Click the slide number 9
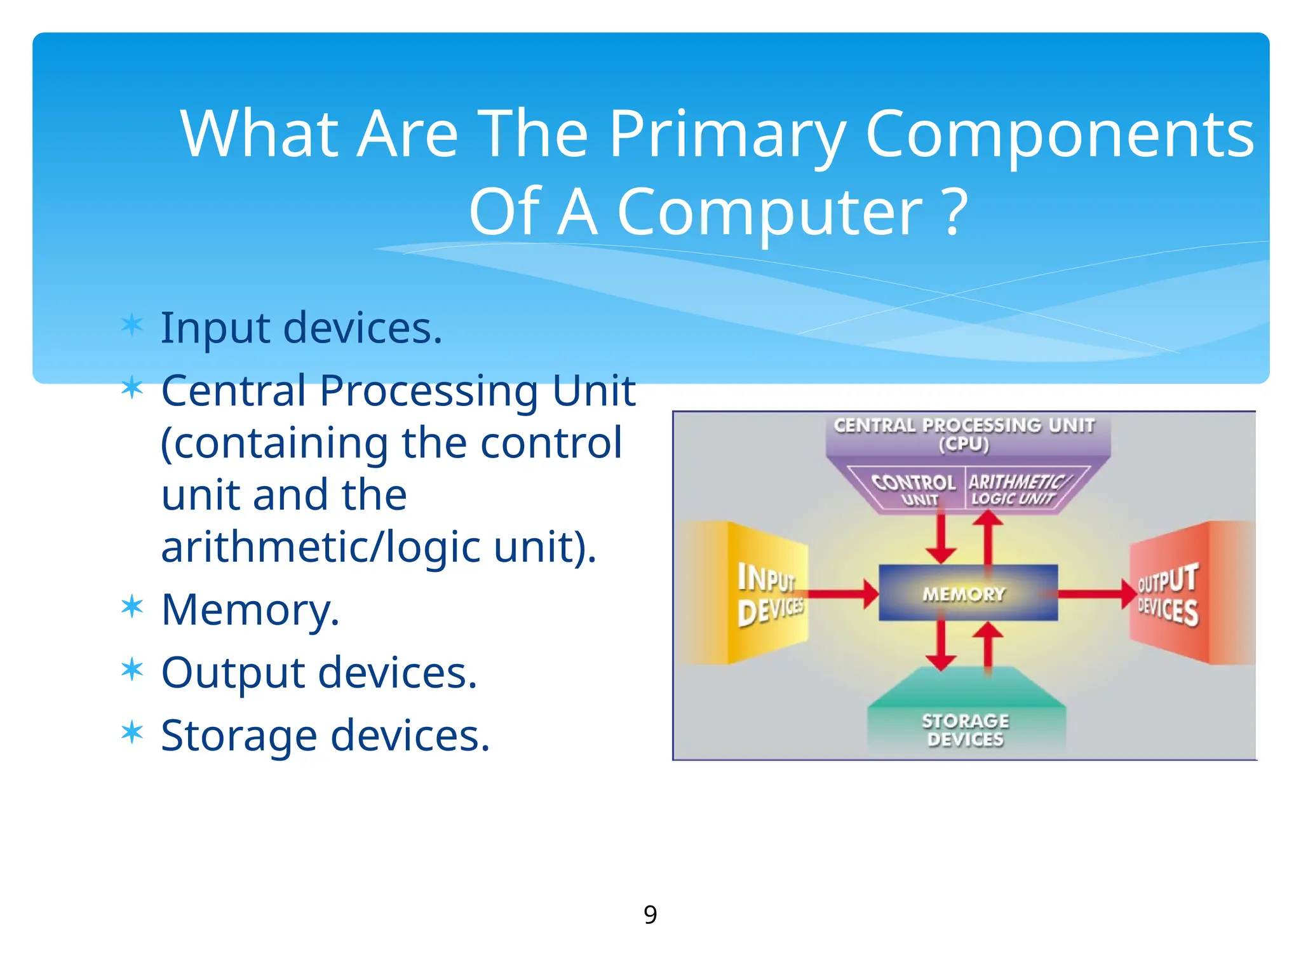pyautogui.click(x=650, y=914)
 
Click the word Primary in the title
pyautogui.click(x=727, y=135)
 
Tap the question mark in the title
pyautogui.click(x=955, y=212)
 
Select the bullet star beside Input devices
pyautogui.click(x=132, y=325)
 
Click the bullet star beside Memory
pyautogui.click(x=132, y=607)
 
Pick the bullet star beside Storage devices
pyautogui.click(x=132, y=733)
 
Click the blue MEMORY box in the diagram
pyautogui.click(x=967, y=593)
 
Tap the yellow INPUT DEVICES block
pyautogui.click(x=769, y=593)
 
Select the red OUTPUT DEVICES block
pyautogui.click(x=1168, y=593)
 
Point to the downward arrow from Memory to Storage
pyautogui.click(x=941, y=646)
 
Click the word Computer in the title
pyautogui.click(x=769, y=212)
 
